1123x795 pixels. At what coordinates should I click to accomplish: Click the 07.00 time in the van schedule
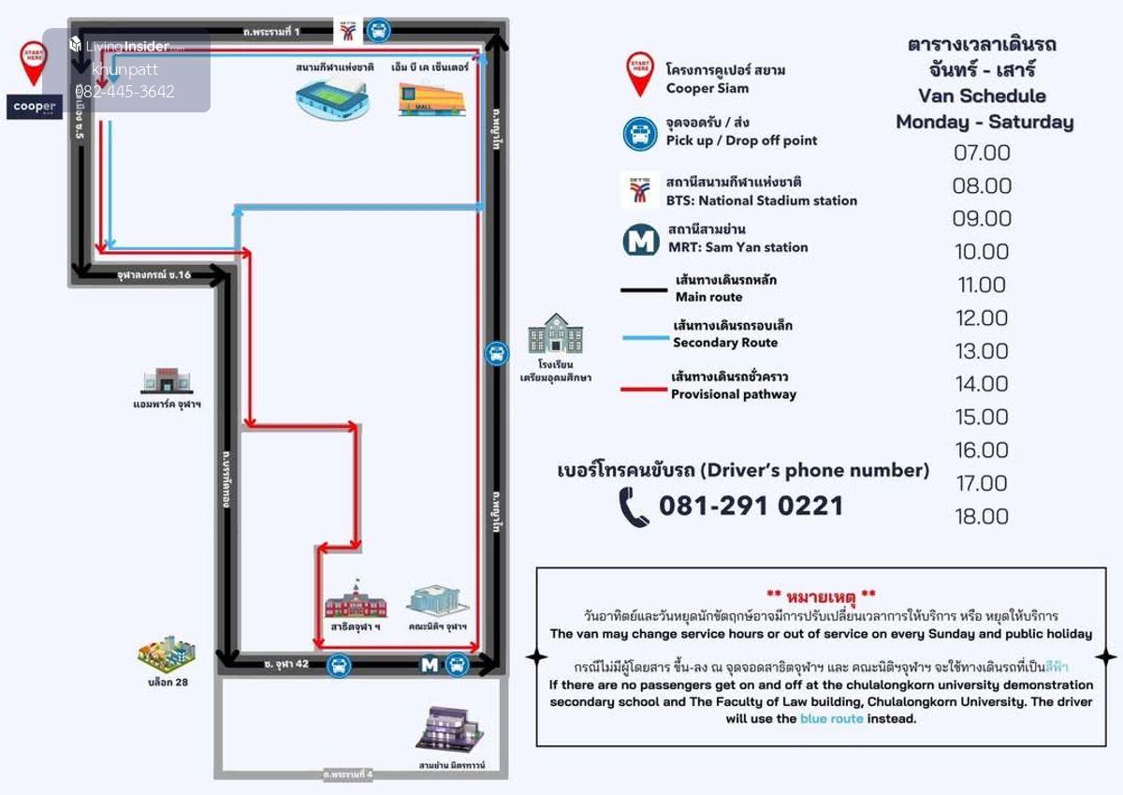(982, 153)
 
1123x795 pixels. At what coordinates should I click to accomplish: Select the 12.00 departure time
(982, 318)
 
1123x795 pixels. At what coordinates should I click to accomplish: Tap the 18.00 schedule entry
(982, 517)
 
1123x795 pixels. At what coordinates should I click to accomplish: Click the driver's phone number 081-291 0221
(751, 507)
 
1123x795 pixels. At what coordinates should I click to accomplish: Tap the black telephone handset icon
(634, 507)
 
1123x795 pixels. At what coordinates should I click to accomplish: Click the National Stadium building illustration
(332, 98)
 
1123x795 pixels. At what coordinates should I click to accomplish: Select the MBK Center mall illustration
(430, 98)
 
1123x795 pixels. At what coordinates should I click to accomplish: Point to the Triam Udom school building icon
(555, 333)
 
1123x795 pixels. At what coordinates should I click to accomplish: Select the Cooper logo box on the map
(35, 107)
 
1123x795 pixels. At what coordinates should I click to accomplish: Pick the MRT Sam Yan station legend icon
(641, 240)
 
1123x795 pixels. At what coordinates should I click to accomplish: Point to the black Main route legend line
(643, 290)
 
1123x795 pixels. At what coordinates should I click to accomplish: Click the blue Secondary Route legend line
(643, 337)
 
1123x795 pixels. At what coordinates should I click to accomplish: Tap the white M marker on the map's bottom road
(430, 665)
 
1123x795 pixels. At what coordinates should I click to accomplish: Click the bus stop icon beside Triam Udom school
(497, 354)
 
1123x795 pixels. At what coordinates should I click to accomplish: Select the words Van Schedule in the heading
(982, 96)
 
